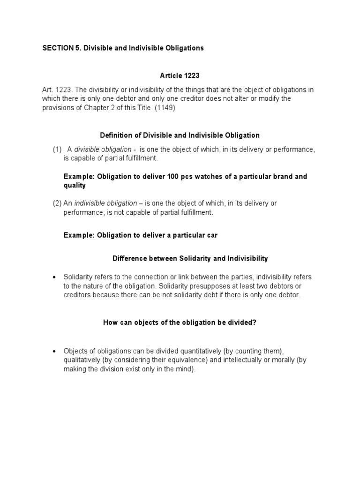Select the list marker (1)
click(x=57, y=150)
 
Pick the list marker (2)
click(x=57, y=203)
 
